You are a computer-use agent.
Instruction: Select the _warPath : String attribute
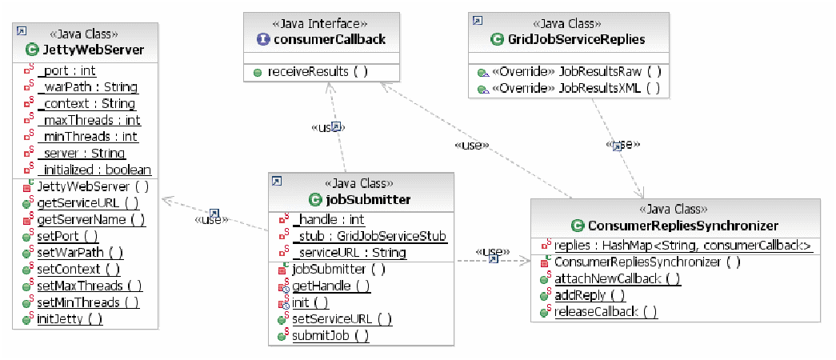pyautogui.click(x=87, y=87)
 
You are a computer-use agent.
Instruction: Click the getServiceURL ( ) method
pyautogui.click(x=88, y=203)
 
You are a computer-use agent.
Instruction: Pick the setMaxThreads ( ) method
pyautogui.click(x=90, y=286)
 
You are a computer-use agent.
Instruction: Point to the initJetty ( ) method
pyautogui.click(x=70, y=318)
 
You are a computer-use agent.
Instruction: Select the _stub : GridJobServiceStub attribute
pyautogui.click(x=369, y=236)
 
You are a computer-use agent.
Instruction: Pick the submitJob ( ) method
pyautogui.click(x=330, y=336)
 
